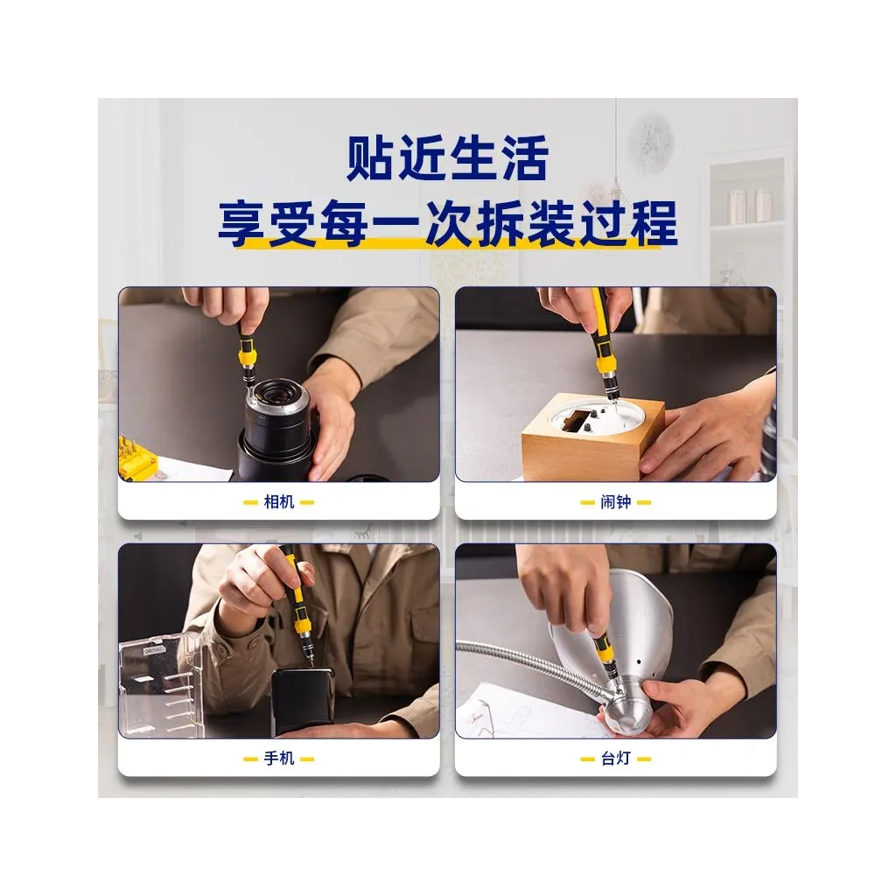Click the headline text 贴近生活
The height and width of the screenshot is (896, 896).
coord(447,157)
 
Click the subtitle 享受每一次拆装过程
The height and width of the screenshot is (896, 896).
coord(447,223)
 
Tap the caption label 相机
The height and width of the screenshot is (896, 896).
coord(279,502)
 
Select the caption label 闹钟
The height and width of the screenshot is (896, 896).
coord(615,502)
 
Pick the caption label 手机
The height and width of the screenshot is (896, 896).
coord(279,759)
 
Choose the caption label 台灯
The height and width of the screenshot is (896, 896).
coord(615,759)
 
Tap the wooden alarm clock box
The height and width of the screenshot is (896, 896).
coord(593,440)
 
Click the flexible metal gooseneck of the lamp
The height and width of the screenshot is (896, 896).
coord(531,666)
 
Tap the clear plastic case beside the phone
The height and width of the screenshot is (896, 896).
coord(161,685)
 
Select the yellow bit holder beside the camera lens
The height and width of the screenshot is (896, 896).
coord(136,457)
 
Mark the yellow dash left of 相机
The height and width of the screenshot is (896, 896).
coord(250,503)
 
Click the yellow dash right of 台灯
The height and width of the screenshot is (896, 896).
coord(644,759)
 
